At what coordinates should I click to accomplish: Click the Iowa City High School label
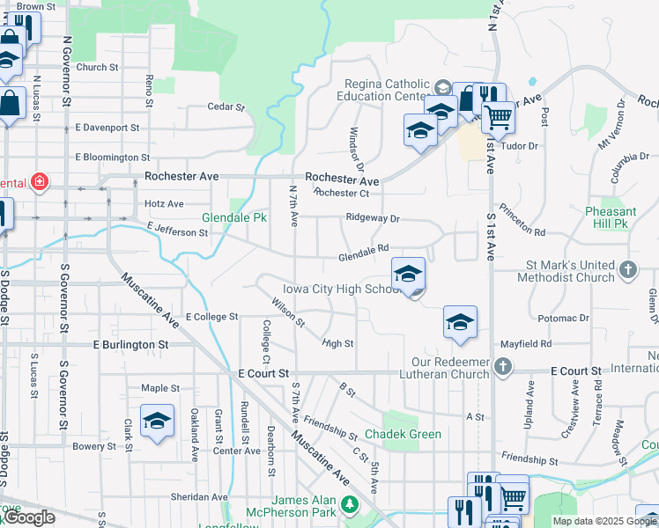(343, 290)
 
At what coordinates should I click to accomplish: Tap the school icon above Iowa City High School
(408, 275)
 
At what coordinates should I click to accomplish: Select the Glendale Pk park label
(234, 217)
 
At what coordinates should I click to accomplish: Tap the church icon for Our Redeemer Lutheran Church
(502, 365)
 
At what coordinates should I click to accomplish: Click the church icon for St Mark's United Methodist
(627, 269)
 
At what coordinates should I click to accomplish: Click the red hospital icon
(39, 183)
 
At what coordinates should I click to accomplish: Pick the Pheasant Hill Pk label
(611, 217)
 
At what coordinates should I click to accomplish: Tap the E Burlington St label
(130, 345)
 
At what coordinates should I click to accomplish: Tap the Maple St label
(160, 388)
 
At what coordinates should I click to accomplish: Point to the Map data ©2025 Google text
(603, 521)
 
